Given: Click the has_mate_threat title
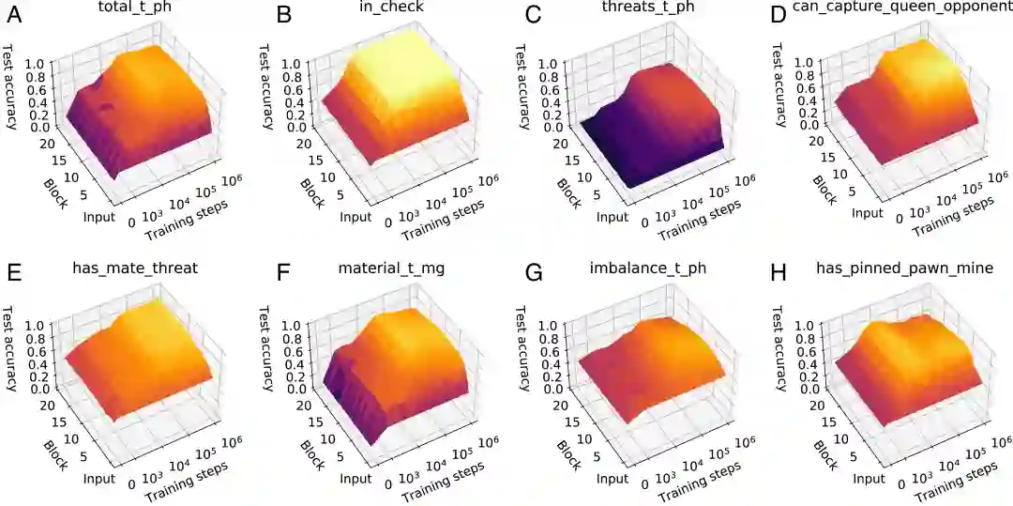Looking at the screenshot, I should pos(135,269).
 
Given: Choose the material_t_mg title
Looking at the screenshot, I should pos(392,269).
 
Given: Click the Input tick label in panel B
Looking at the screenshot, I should pos(354,217).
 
